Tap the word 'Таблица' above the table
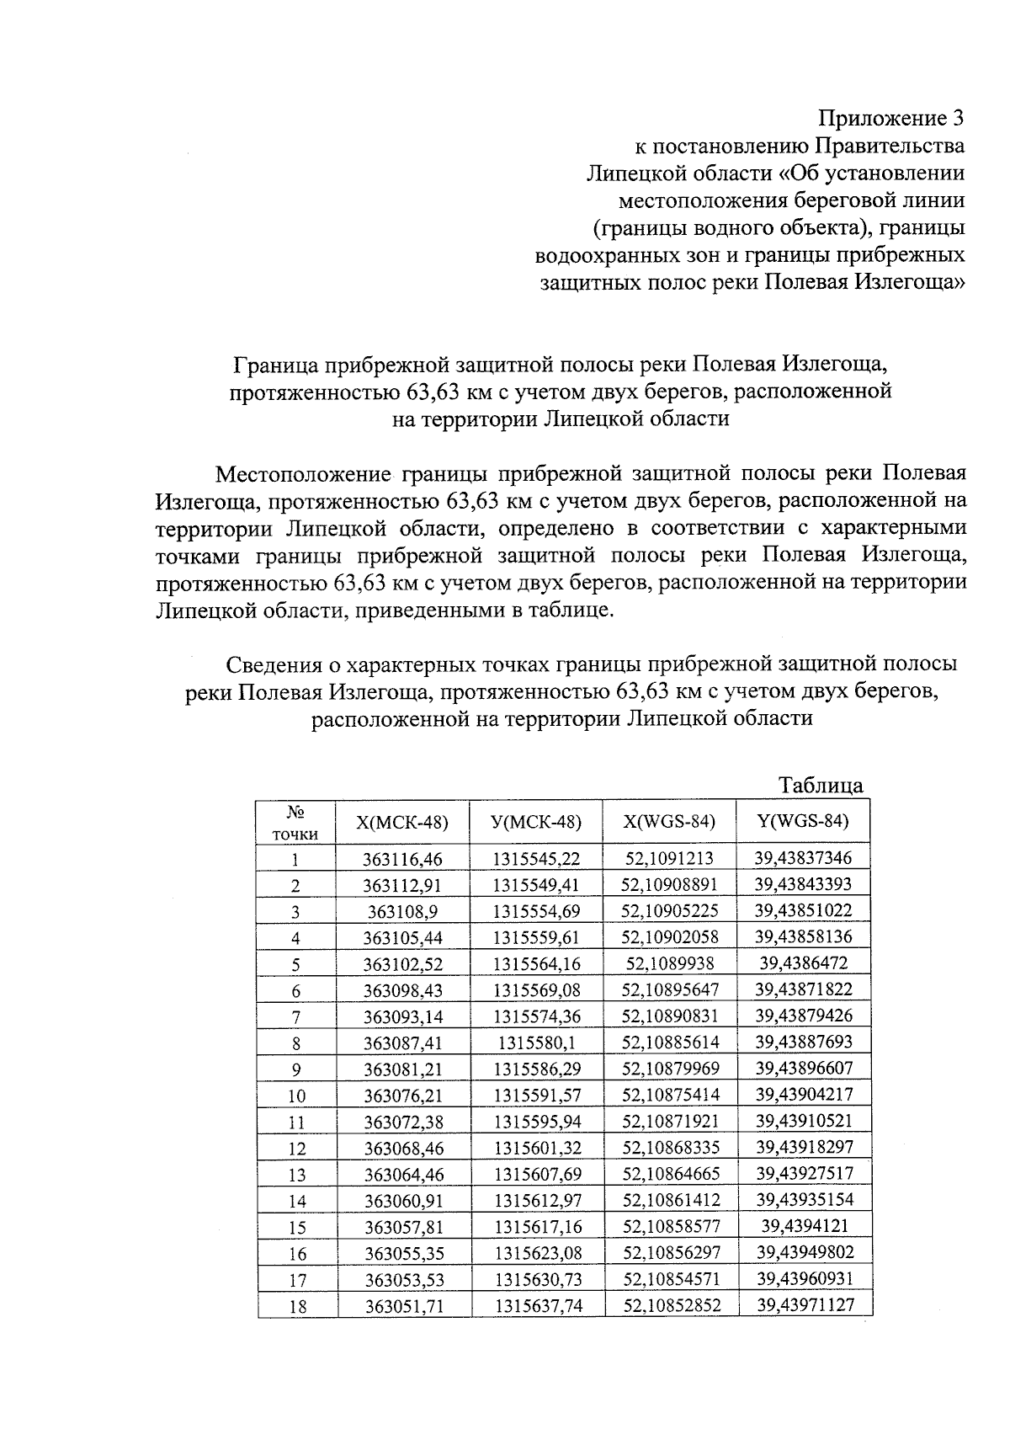coord(821,785)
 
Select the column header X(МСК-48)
coord(402,822)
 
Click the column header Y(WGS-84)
coord(803,821)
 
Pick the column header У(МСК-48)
coord(536,822)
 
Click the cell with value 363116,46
coord(402,859)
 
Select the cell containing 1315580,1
coord(536,1042)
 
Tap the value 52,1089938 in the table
coord(669,963)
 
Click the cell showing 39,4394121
coord(804,1226)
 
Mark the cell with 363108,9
coord(402,911)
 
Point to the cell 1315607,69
coord(536,1174)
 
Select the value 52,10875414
coord(670,1095)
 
